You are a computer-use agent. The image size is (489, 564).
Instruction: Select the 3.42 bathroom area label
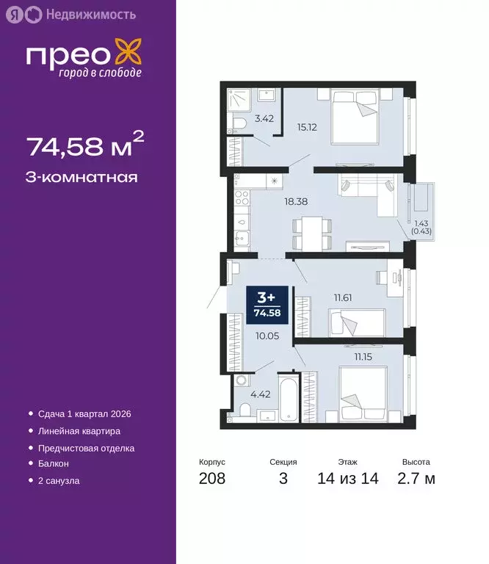coord(264,117)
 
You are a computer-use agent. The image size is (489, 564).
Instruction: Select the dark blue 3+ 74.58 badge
coord(266,303)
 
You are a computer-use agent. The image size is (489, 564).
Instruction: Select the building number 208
coord(211,479)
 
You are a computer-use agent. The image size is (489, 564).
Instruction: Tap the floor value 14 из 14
coord(349,479)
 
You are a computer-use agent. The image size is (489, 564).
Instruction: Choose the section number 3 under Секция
coord(283,479)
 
